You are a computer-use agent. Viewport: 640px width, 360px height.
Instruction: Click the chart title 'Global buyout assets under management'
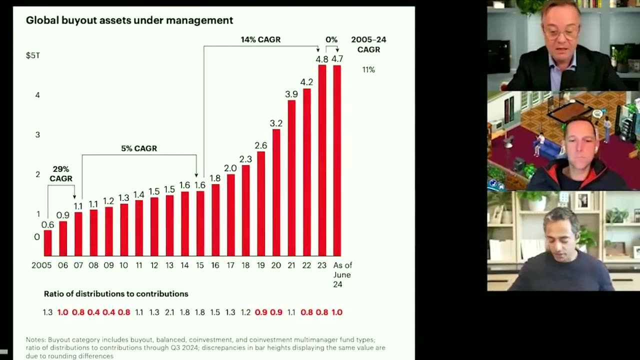coord(129,20)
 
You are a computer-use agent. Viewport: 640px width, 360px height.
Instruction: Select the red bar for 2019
coord(261,203)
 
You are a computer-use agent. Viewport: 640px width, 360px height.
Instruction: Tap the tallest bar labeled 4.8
coord(322,160)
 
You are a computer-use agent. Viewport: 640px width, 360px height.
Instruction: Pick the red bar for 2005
coord(47,243)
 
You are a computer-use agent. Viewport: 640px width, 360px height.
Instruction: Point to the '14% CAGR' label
coord(260,39)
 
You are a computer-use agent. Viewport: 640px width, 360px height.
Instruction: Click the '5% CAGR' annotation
coord(139,148)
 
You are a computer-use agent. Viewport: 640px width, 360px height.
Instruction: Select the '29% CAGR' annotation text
coord(61,174)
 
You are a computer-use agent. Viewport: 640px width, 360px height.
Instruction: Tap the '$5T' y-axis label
coord(33,55)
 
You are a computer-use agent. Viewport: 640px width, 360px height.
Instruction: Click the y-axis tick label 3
coord(37,134)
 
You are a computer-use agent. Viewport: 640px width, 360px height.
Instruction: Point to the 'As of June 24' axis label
coord(342,274)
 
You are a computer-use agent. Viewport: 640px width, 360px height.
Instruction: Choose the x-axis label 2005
coord(41,265)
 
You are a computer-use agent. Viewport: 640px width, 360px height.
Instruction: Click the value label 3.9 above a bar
coord(291,94)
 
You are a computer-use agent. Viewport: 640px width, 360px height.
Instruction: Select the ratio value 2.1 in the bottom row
coord(169,312)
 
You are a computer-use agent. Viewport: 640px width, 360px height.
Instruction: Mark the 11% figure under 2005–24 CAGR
coord(368,70)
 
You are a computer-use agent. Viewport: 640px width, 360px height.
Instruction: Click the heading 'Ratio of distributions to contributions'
coord(116,294)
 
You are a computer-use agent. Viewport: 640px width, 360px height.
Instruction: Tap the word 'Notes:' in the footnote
coord(36,340)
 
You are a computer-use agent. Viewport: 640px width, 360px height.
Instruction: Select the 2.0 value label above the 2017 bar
coord(230,168)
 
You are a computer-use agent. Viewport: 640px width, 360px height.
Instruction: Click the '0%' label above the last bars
coord(331,39)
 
